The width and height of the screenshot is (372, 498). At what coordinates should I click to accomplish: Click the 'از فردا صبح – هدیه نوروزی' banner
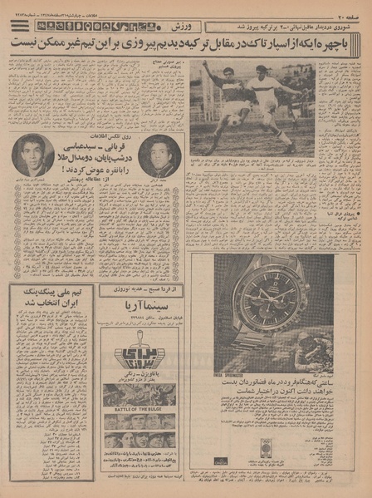[139, 289]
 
